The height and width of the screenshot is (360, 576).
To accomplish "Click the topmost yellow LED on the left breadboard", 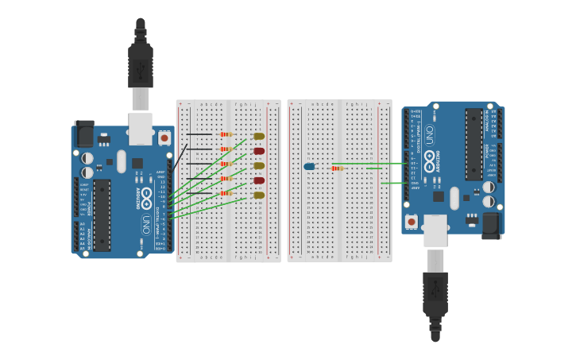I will pos(259,136).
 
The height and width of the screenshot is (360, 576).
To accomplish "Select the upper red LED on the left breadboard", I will pos(259,151).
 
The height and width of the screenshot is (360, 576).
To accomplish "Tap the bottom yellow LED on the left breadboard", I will pos(259,195).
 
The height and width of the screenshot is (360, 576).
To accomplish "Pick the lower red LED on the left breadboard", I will pos(259,180).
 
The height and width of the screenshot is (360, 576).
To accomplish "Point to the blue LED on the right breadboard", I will pos(309,166).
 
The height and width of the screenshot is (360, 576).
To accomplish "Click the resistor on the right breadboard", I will pos(337,168).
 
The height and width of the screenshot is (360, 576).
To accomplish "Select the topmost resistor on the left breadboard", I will pos(226,134).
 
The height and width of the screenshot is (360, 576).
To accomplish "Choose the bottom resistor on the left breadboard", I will pos(226,193).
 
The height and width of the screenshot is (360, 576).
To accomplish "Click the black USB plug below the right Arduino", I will pos(435,294).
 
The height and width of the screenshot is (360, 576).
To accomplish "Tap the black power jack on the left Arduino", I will pos(83,134).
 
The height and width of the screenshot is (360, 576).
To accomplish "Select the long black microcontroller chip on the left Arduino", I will pos(102,215).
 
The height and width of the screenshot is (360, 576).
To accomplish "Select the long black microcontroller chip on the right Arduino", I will pos(474,144).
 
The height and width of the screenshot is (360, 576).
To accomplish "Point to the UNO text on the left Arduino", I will pos(146,224).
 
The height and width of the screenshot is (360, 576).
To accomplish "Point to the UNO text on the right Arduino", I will pos(430,134).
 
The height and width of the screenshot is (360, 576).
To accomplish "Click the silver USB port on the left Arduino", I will pos(141,128).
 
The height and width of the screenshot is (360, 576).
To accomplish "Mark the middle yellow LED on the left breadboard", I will pos(259,165).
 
